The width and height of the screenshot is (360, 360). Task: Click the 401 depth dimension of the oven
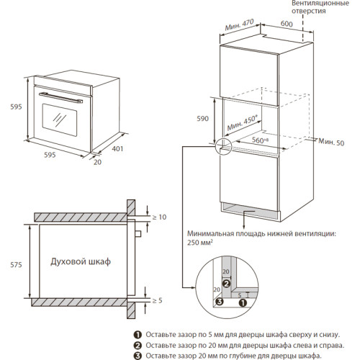pyautogui.click(x=117, y=149)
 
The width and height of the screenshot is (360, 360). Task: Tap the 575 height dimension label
pyautogui.click(x=16, y=265)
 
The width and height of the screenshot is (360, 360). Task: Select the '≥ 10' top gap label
pyautogui.click(x=159, y=217)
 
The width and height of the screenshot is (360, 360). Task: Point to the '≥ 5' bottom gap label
pyautogui.click(x=158, y=300)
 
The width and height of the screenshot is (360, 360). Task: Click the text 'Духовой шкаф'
pyautogui.click(x=81, y=261)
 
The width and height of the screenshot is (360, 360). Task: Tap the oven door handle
pyautogui.click(x=60, y=98)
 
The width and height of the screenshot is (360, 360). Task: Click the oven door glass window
pyautogui.click(x=60, y=120)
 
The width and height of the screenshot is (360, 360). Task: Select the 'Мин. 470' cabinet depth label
pyautogui.click(x=239, y=24)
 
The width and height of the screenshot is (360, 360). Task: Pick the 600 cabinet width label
pyautogui.click(x=287, y=24)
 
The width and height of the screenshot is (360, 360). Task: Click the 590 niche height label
pyautogui.click(x=203, y=118)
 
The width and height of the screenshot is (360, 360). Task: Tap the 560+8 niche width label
pyautogui.click(x=260, y=140)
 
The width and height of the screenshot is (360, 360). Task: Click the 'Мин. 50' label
pyautogui.click(x=331, y=142)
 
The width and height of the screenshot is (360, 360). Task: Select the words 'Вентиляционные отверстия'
pyautogui.click(x=320, y=7)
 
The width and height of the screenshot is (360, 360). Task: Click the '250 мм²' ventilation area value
pyautogui.click(x=200, y=243)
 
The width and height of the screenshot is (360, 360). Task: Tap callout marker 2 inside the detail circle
pyautogui.click(x=226, y=284)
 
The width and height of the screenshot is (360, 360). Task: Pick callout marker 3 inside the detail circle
pyautogui.click(x=220, y=302)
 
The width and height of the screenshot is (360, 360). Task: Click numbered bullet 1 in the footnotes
pyautogui.click(x=138, y=335)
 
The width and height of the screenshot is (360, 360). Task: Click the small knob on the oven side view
pyautogui.click(x=138, y=234)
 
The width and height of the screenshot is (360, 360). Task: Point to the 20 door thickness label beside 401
pyautogui.click(x=97, y=162)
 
